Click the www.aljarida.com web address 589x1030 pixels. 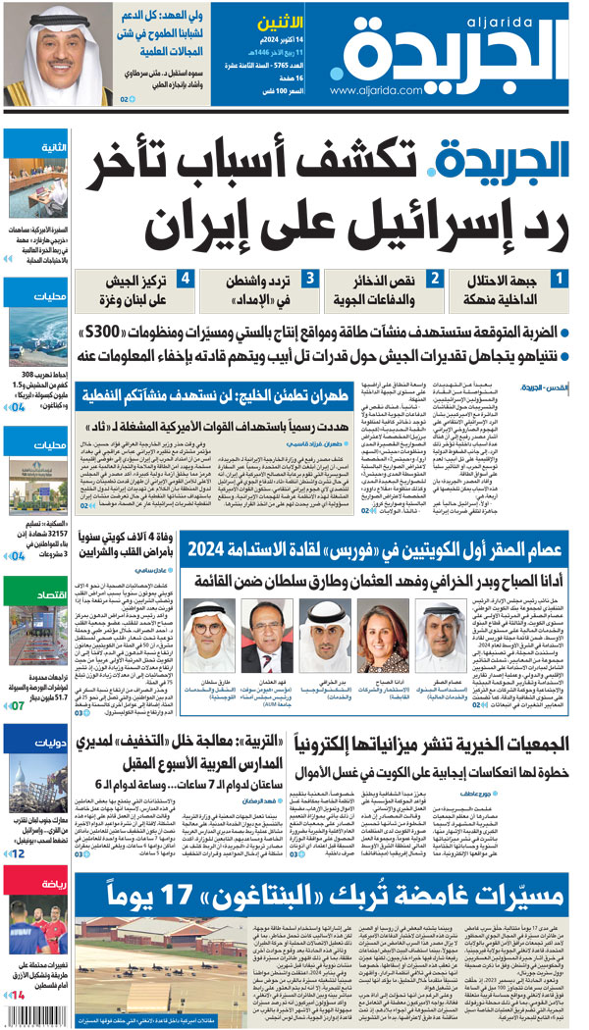pyautogui.click(x=387, y=90)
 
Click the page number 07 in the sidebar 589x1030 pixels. pyautogui.click(x=18, y=704)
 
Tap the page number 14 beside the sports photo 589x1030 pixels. pyautogui.click(x=18, y=996)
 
